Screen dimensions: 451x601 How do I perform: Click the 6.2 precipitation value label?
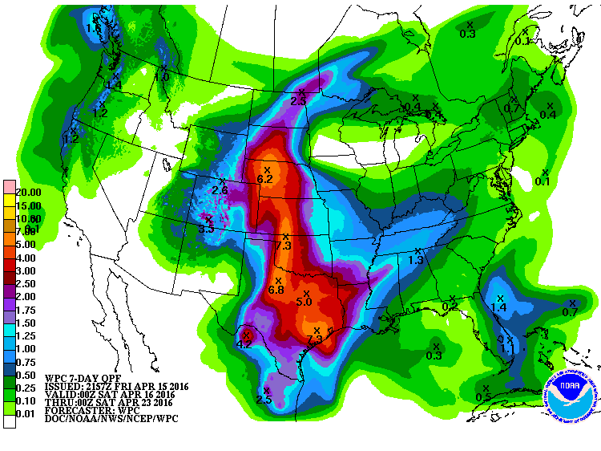(265, 178)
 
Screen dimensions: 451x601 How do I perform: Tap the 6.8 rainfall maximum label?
(276, 290)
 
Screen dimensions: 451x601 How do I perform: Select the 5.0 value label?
(304, 303)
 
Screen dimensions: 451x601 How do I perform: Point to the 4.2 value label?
(245, 344)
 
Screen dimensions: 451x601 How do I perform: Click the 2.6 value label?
(220, 189)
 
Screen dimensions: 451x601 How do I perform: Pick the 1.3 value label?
(415, 261)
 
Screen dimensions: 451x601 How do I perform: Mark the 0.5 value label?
(483, 397)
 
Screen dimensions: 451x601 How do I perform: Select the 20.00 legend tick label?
(27, 193)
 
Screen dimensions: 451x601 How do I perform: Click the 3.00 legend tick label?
(27, 272)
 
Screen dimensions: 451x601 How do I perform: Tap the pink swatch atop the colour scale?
(9, 186)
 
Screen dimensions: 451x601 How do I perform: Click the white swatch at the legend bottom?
(9, 421)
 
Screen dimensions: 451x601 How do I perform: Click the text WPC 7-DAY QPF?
(80, 378)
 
